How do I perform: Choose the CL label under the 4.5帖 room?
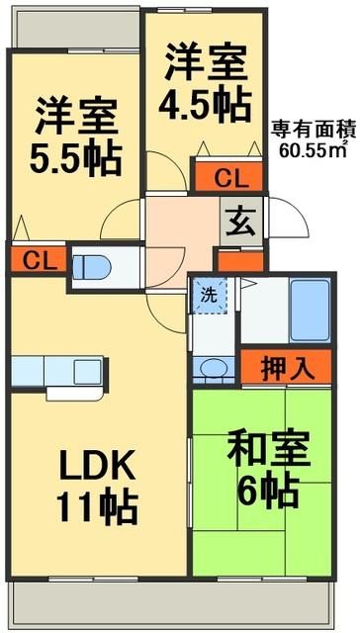(228, 178)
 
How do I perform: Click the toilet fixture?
(94, 264)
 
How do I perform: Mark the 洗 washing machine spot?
(209, 295)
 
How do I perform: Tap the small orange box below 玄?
(240, 263)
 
